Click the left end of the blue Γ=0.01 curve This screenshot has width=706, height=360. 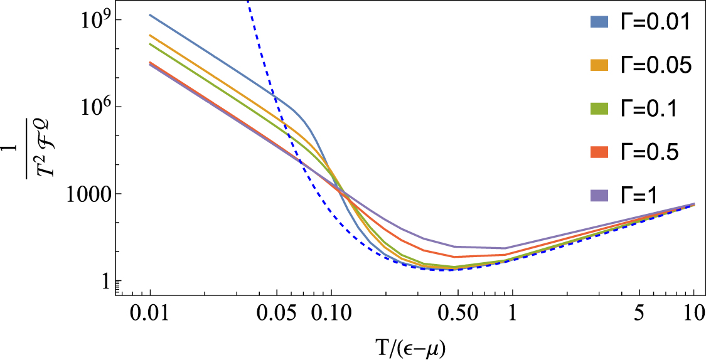tap(150, 14)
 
